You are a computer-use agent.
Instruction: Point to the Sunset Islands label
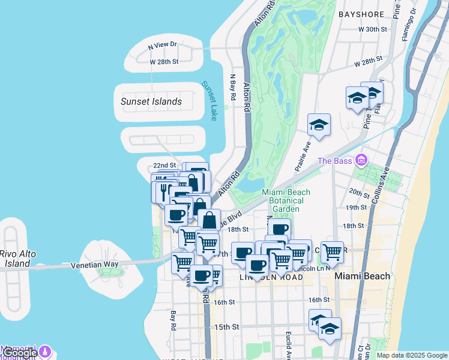pos(151,101)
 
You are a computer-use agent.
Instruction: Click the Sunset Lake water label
pos(210,101)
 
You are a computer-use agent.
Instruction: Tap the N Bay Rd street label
pos(233,88)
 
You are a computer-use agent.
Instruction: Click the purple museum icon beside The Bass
pos(360,160)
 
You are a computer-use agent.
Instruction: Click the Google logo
pos(19,353)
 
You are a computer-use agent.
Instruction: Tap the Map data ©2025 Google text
pos(412,355)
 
